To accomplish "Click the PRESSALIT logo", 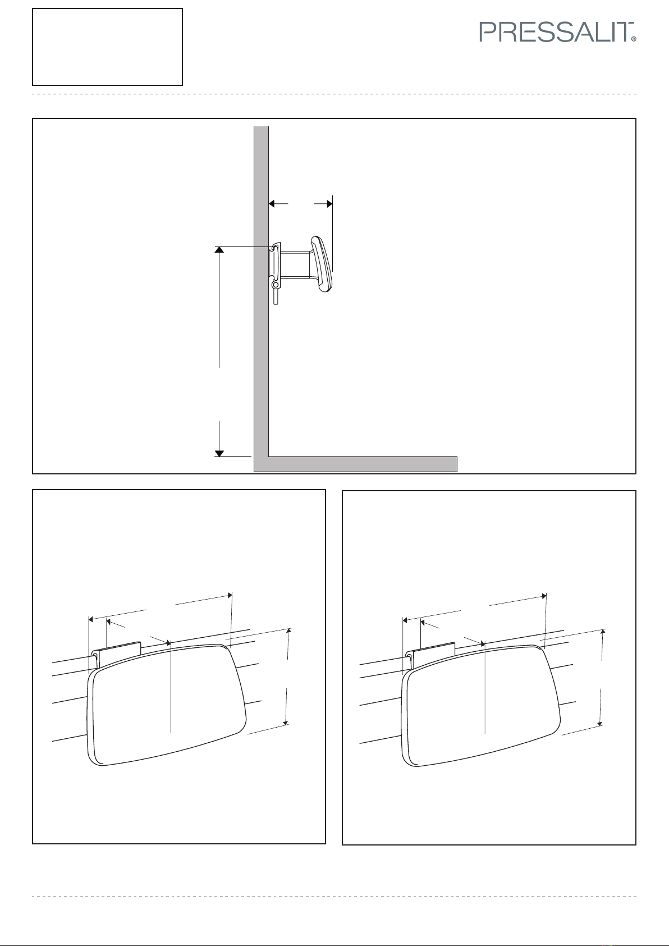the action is [557, 32].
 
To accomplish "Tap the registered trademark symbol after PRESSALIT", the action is [634, 39].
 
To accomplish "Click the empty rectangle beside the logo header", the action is [108, 47].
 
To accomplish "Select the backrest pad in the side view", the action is [322, 264].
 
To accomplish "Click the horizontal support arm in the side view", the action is [295, 264].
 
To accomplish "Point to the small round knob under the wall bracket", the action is [275, 286].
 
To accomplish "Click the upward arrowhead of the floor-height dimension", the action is [219, 250].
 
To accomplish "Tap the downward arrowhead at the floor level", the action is [219, 454].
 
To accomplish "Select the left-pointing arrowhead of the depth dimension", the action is [272, 204].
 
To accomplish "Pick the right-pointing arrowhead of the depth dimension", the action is [329, 204].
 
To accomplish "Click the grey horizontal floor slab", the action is [363, 464].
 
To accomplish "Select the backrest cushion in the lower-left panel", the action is [166, 705].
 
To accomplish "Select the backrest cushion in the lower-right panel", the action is [481, 706].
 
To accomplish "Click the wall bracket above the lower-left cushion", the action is [116, 654].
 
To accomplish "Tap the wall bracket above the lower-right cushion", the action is [430, 655].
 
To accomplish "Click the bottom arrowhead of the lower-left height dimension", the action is [286, 723].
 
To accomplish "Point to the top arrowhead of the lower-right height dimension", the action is [603, 632].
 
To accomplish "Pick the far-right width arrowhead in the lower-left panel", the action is [230, 596].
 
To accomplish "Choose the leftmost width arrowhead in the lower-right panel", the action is [405, 620].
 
